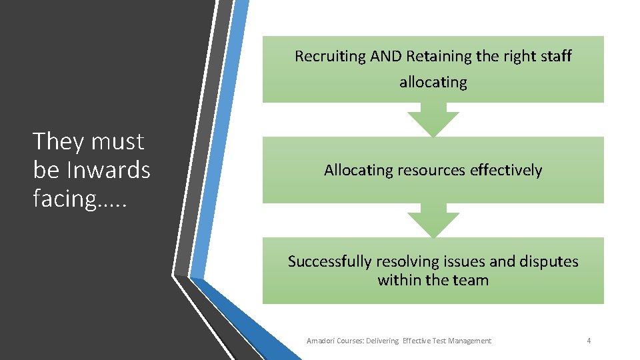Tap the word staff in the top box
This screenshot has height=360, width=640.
[x=556, y=57]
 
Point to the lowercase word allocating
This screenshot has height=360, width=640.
[x=433, y=83]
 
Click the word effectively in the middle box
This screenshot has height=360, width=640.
[x=506, y=171]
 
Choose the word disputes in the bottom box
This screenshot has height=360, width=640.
[x=549, y=261]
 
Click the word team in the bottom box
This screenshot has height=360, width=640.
[x=470, y=280]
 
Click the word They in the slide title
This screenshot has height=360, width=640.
[x=59, y=142]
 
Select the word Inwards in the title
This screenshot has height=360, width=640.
[x=109, y=171]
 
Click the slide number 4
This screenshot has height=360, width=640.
[x=589, y=341]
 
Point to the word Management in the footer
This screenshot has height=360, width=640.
[x=469, y=341]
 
